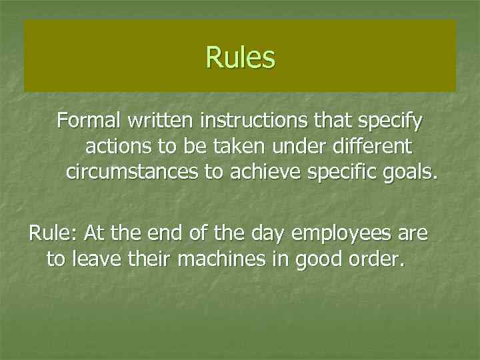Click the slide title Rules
[240, 57]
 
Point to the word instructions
[243, 121]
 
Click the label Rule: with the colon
[53, 234]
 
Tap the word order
[380, 259]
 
